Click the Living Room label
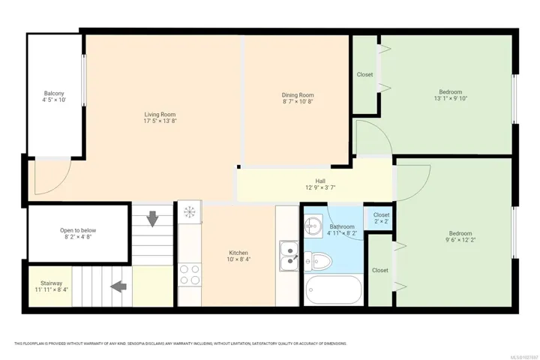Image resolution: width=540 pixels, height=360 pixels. coord(160,114)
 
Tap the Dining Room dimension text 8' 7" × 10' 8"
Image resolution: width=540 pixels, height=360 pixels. coord(298,102)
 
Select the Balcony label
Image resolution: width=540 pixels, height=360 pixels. coord(54,93)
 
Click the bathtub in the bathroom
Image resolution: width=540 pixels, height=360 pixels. coord(333,290)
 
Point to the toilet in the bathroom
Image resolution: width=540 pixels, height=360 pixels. coord(318,261)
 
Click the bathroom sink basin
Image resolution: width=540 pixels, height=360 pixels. coord(313,226)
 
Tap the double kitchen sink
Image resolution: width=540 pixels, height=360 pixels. coord(289,256)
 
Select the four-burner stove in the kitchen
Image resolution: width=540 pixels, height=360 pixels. coord(190,274)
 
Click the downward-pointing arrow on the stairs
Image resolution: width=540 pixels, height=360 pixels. coord(152,219)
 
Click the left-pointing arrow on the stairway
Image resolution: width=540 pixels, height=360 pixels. coord(118,286)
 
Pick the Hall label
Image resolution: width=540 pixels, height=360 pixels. coord(320,181)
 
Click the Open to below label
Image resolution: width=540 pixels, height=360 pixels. coord(78,230)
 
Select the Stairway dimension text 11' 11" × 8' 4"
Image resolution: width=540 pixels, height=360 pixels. coord(51,289)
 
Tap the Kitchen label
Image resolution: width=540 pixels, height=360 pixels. coord(238,253)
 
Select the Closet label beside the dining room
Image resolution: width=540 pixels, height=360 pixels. coord(364,74)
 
